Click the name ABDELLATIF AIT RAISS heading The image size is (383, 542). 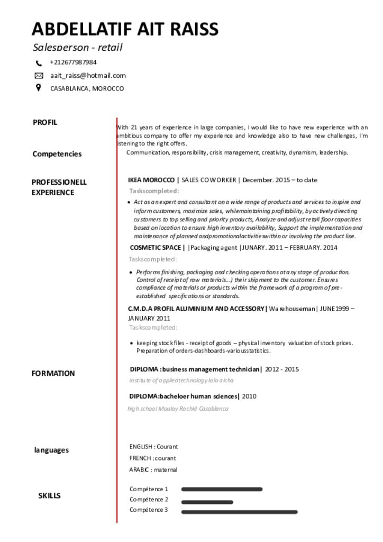tap(125, 29)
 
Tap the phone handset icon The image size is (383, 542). tap(39, 63)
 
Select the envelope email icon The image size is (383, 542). tap(39, 76)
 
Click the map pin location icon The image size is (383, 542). tap(39, 88)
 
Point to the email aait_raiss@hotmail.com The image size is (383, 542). tap(88, 76)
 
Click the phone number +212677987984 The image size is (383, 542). tap(73, 62)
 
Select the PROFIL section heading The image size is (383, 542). tap(45, 122)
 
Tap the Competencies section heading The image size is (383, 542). tap(57, 154)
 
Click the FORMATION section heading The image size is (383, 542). tap(53, 373)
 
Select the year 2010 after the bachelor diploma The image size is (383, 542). tap(249, 396)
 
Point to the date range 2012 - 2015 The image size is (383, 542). tap(282, 369)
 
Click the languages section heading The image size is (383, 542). tap(51, 450)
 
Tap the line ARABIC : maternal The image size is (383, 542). tap(153, 469)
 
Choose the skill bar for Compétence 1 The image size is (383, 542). tap(222, 490)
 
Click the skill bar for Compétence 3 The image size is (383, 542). tap(239, 512)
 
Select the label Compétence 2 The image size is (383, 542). tap(149, 500)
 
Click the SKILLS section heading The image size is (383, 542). tap(49, 496)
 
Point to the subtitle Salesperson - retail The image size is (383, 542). tap(78, 47)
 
